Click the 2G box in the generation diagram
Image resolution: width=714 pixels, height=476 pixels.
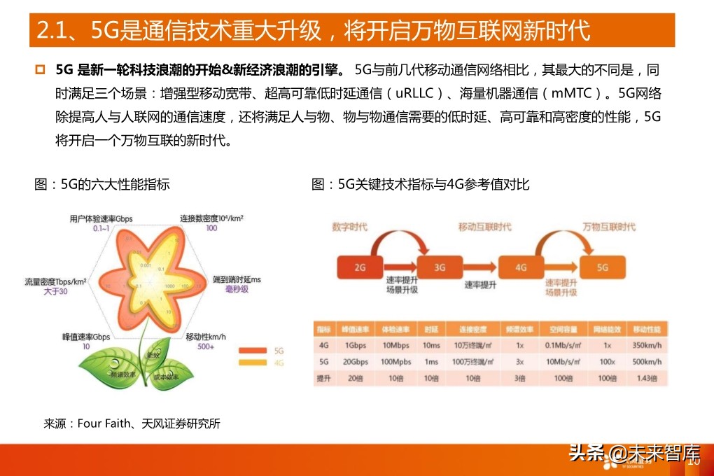[360, 267]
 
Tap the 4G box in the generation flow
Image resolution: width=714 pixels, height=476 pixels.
[521, 267]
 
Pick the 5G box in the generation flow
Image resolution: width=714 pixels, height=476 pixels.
[602, 267]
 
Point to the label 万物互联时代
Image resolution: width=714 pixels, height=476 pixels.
[609, 227]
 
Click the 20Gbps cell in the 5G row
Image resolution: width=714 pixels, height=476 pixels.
[356, 362]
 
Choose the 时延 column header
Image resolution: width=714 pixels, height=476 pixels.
[430, 330]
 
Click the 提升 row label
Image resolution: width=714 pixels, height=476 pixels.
[323, 378]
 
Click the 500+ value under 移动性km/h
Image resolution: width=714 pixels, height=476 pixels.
[206, 346]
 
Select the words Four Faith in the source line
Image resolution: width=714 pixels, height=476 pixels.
[102, 423]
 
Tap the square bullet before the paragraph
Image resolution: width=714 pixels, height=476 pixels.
[40, 70]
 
